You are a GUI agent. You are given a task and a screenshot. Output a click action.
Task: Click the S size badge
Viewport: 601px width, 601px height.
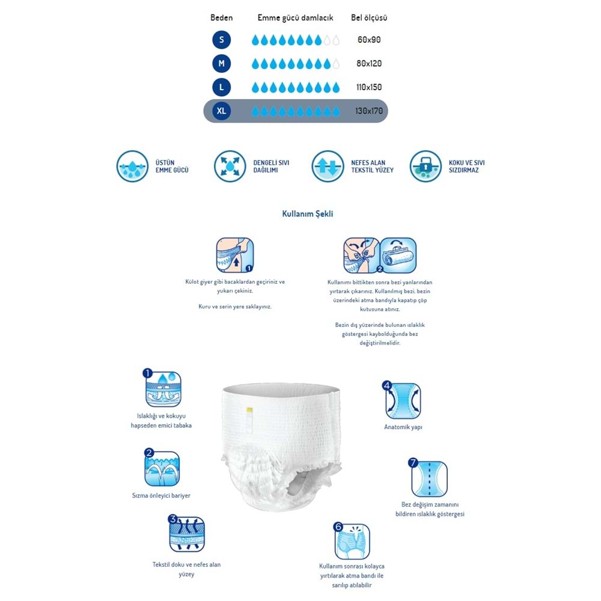coord(221,40)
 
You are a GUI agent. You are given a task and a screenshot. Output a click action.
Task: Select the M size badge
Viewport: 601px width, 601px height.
coord(221,63)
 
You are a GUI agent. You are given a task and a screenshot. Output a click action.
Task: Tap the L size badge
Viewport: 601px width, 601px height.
coord(221,87)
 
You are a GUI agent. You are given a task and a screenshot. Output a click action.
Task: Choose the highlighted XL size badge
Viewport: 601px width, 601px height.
coord(221,111)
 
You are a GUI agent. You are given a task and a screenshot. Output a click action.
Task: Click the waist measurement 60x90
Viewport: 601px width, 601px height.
coord(369,40)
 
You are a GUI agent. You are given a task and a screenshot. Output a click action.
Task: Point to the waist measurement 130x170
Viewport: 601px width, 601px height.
coord(368,111)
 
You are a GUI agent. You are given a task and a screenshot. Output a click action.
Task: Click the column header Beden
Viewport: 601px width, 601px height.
coord(221,18)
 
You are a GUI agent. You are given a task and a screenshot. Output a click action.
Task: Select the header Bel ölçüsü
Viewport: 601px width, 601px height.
coord(369,18)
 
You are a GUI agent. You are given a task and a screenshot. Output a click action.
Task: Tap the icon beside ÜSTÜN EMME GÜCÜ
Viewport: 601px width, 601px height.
coord(132,166)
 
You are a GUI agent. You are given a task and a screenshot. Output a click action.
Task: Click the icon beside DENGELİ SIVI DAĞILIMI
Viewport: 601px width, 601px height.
coord(230,166)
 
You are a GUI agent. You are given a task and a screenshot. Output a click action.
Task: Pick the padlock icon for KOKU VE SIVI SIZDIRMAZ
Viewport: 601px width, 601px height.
coord(426,166)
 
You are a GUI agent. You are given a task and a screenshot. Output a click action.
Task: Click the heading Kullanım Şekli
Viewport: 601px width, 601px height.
coord(308,214)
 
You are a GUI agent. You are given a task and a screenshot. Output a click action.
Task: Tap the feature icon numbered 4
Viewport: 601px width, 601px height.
coord(403,400)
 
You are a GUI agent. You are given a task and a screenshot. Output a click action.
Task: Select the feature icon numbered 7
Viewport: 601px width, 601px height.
coord(429,478)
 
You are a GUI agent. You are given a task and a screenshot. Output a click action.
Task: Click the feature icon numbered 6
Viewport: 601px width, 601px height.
coord(352,541)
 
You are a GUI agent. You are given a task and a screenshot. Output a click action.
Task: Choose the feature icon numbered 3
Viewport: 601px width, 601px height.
coord(186,534)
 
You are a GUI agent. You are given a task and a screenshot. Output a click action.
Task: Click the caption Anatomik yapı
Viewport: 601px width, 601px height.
coord(403,427)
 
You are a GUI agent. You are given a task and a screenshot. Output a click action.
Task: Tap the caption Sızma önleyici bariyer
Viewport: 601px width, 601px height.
coord(161,496)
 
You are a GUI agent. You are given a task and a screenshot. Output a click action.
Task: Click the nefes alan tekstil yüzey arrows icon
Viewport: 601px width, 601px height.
coord(328,166)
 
